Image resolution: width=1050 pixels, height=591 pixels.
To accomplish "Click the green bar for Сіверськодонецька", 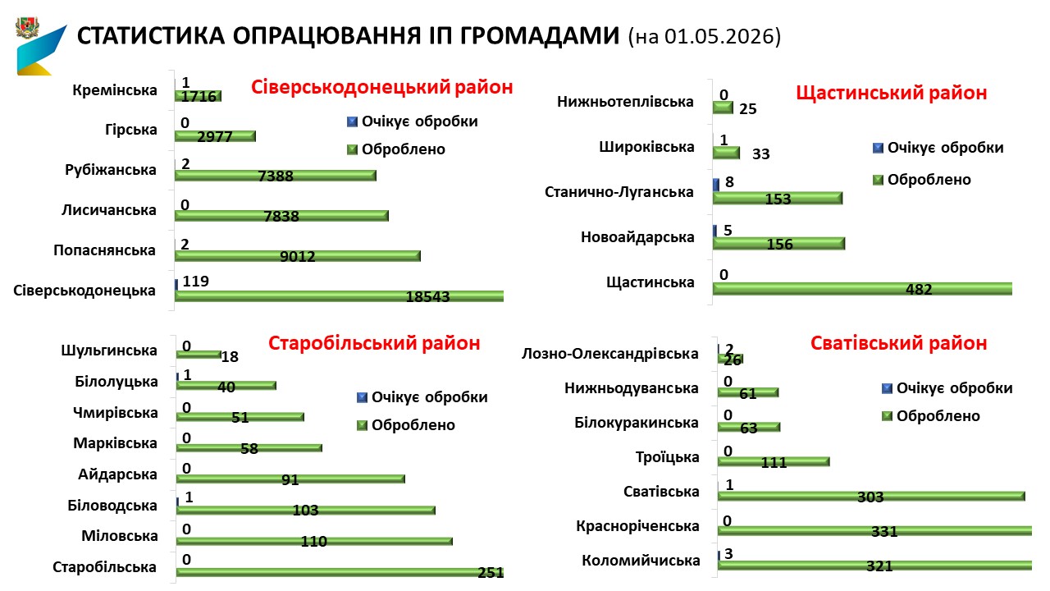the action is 339,296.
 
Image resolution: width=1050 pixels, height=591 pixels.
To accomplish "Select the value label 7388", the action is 276,176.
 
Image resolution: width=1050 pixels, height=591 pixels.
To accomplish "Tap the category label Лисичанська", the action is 109,209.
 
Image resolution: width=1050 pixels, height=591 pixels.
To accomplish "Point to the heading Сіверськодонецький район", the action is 381,87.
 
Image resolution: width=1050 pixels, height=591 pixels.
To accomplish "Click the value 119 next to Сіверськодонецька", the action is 195,281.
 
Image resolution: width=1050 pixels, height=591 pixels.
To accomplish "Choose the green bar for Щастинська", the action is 862,288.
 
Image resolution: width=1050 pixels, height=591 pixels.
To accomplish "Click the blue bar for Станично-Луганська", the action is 716,185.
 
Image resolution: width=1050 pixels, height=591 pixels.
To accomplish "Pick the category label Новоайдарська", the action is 637,237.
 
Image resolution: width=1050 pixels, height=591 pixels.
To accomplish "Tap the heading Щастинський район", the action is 892,93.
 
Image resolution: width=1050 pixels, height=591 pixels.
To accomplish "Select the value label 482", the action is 919,289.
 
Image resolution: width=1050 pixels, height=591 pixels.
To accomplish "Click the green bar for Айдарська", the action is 290,479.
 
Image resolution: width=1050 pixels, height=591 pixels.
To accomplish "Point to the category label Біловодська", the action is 112,505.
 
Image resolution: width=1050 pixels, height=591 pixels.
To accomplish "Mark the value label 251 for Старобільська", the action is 491,572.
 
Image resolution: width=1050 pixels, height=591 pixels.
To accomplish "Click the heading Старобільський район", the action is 374,343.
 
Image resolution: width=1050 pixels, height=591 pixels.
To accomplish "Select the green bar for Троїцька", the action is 774,462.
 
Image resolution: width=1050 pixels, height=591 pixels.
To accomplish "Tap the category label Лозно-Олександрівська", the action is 609,354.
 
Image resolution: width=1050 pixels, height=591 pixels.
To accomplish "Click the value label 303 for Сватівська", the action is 870,497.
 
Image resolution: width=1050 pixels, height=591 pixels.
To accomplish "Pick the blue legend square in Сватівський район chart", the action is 887,388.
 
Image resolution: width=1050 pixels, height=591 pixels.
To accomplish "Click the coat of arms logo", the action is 28,28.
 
